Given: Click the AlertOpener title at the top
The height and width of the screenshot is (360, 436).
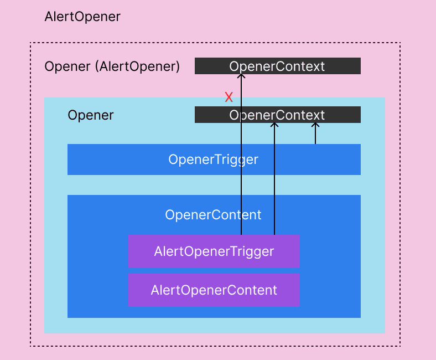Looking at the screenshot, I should (x=82, y=17).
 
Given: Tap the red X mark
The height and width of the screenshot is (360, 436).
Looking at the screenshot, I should (x=229, y=98).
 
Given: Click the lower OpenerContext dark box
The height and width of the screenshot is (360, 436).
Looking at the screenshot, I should (x=332, y=115).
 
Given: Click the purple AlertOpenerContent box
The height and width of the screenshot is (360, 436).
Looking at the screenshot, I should (x=214, y=290).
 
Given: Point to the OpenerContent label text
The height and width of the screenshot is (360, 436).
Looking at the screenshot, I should (x=213, y=215).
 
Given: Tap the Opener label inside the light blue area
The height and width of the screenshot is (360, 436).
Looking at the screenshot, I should (x=90, y=115).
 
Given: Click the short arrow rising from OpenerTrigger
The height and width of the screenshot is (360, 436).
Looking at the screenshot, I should (x=315, y=134).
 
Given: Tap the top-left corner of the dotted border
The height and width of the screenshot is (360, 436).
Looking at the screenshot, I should (x=30, y=43).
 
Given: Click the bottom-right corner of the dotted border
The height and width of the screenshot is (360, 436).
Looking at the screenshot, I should (x=399, y=346).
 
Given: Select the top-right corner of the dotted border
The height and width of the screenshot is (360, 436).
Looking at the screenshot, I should (x=399, y=43).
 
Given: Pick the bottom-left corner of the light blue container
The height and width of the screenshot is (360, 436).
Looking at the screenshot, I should (x=45, y=332).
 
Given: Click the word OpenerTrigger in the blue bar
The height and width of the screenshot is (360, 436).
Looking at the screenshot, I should (x=213, y=160).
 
